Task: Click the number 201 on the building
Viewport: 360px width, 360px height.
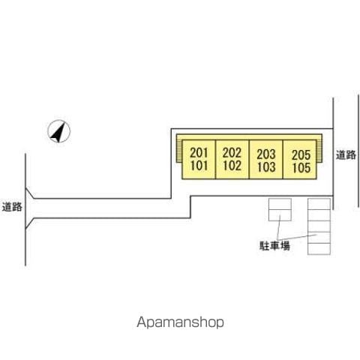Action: (199, 153)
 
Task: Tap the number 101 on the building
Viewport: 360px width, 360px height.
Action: (199, 166)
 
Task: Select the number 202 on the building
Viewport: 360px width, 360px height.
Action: (232, 153)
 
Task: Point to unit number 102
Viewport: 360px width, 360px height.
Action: (232, 166)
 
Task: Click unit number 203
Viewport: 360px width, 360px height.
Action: (266, 154)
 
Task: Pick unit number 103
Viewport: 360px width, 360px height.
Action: (266, 167)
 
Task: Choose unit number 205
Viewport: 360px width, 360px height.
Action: (301, 155)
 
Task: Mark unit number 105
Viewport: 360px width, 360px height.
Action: (301, 168)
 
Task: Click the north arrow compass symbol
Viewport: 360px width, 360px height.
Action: (58, 131)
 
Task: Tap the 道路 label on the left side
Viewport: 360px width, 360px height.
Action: (12, 207)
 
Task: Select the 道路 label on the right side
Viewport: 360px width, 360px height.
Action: (346, 155)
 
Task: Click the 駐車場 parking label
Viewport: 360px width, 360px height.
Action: (274, 246)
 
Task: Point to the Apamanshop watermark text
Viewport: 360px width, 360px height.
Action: (180, 322)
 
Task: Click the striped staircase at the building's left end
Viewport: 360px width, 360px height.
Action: (179, 151)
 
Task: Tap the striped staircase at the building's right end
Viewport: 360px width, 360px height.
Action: (319, 151)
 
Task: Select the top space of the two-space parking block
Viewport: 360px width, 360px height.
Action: (280, 204)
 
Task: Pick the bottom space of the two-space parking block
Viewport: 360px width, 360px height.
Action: (280, 215)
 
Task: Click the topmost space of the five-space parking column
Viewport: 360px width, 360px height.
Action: (319, 204)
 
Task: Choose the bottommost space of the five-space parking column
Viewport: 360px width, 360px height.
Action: (319, 249)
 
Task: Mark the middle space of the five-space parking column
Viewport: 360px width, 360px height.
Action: (319, 226)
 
